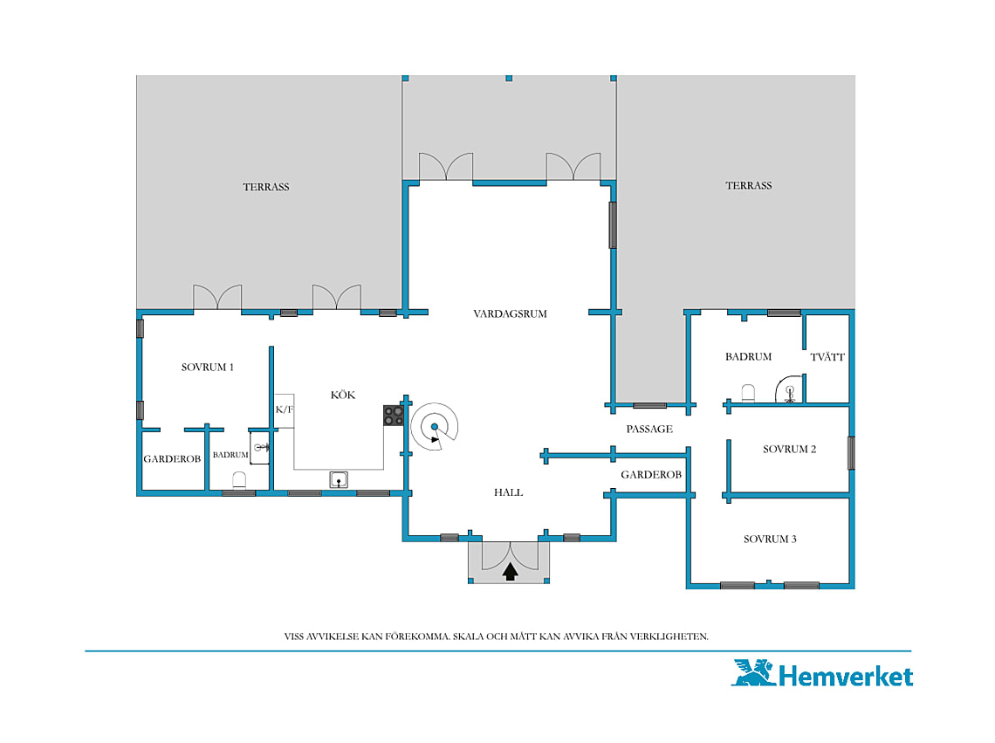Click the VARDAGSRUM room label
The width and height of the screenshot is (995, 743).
(511, 313)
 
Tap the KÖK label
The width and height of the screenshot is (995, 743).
(343, 395)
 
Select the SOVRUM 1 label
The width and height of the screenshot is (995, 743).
(208, 367)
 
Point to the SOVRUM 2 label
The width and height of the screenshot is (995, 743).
(789, 449)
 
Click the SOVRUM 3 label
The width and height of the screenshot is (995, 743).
(770, 540)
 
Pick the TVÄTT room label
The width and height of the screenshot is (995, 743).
(827, 357)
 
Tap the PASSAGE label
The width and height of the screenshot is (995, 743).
(649, 430)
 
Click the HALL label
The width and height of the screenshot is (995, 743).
(508, 492)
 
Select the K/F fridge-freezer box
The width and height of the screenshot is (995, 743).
(284, 411)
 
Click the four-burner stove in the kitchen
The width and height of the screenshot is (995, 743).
(394, 416)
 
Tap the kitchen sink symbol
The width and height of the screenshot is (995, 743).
(339, 479)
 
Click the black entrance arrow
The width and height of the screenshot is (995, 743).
(511, 572)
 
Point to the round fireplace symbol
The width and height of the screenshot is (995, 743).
(435, 427)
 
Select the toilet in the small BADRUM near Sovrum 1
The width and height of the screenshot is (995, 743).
(239, 481)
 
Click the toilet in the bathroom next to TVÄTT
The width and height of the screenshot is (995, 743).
(748, 393)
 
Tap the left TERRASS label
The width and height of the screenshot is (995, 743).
(266, 187)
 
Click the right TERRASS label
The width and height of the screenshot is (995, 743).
(749, 185)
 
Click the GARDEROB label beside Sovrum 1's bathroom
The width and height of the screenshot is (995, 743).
(172, 459)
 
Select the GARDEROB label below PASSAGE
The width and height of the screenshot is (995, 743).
(651, 475)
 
